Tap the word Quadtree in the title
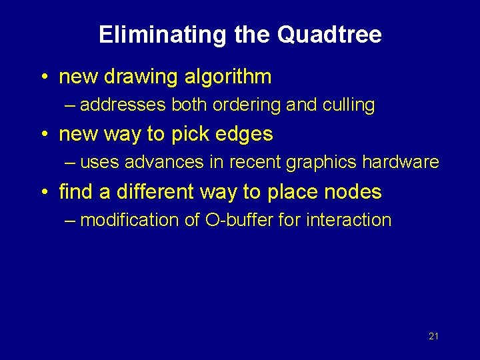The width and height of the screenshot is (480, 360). click(x=329, y=35)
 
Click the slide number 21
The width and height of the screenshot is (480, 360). click(x=433, y=337)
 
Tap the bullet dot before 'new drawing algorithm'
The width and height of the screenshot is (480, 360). click(x=44, y=78)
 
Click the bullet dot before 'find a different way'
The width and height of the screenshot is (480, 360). click(x=44, y=193)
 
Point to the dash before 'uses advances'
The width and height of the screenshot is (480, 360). click(x=71, y=163)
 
